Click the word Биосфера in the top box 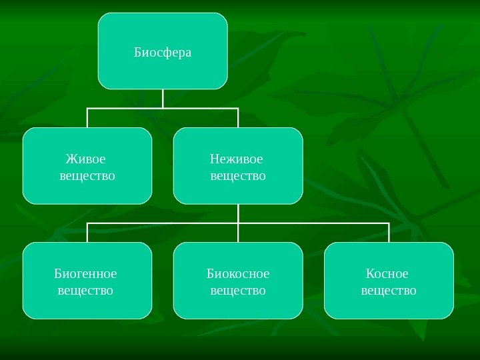click(163, 52)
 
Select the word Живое click(85, 159)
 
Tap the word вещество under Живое click(87, 176)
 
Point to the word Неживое click(236, 159)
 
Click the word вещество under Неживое click(238, 176)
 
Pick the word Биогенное click(85, 274)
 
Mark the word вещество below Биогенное click(85, 291)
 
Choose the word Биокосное click(238, 274)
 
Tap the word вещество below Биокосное click(238, 291)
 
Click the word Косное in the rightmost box click(387, 274)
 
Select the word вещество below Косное click(389, 291)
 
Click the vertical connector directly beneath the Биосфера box click(163, 98)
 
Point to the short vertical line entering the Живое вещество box click(87, 117)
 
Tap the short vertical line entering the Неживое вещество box click(238, 117)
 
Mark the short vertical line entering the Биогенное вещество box click(87, 233)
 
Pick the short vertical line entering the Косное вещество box click(389, 233)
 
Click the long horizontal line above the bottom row click(313, 223)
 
